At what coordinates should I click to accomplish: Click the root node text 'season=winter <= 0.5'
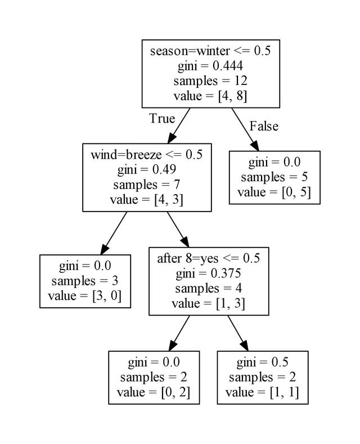(210, 51)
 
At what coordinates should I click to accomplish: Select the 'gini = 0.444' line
(210, 66)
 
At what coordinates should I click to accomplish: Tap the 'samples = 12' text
(210, 80)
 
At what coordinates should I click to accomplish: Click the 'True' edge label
(162, 119)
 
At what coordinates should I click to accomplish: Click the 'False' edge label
(263, 126)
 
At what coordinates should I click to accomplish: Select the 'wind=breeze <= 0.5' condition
(147, 154)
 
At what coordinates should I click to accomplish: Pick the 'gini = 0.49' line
(147, 169)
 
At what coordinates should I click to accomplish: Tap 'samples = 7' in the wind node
(147, 183)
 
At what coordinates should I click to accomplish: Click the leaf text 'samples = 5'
(274, 177)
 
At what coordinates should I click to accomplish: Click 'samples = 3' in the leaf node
(85, 281)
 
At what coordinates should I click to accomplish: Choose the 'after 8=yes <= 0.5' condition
(209, 259)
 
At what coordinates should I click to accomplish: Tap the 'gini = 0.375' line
(209, 273)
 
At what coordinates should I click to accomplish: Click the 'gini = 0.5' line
(263, 362)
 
